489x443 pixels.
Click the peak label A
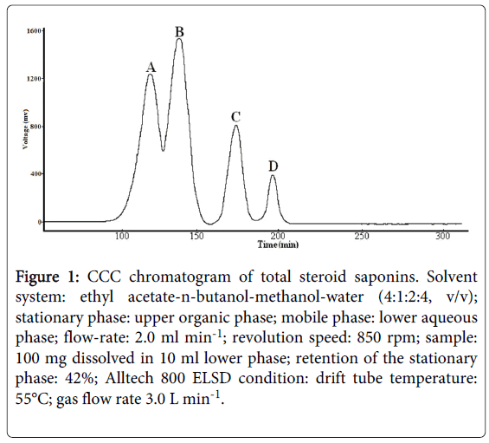(151, 67)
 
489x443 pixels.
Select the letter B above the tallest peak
(179, 32)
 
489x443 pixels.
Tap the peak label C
(235, 117)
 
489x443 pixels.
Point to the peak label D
(273, 166)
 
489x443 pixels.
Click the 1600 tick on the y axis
(34, 30)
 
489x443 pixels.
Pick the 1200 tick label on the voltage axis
(34, 79)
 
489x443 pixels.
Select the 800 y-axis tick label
(35, 127)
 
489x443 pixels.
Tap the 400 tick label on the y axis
(35, 174)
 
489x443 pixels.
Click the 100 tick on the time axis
(122, 236)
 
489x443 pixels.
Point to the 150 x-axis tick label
(196, 236)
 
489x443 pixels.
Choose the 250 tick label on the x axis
(362, 236)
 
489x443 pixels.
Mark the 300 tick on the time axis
(443, 236)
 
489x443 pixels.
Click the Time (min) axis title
(278, 244)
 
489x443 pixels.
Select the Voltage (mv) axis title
(26, 129)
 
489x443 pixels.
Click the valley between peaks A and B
(163, 151)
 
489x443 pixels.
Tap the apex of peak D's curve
(273, 175)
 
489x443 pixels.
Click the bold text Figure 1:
(48, 277)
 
